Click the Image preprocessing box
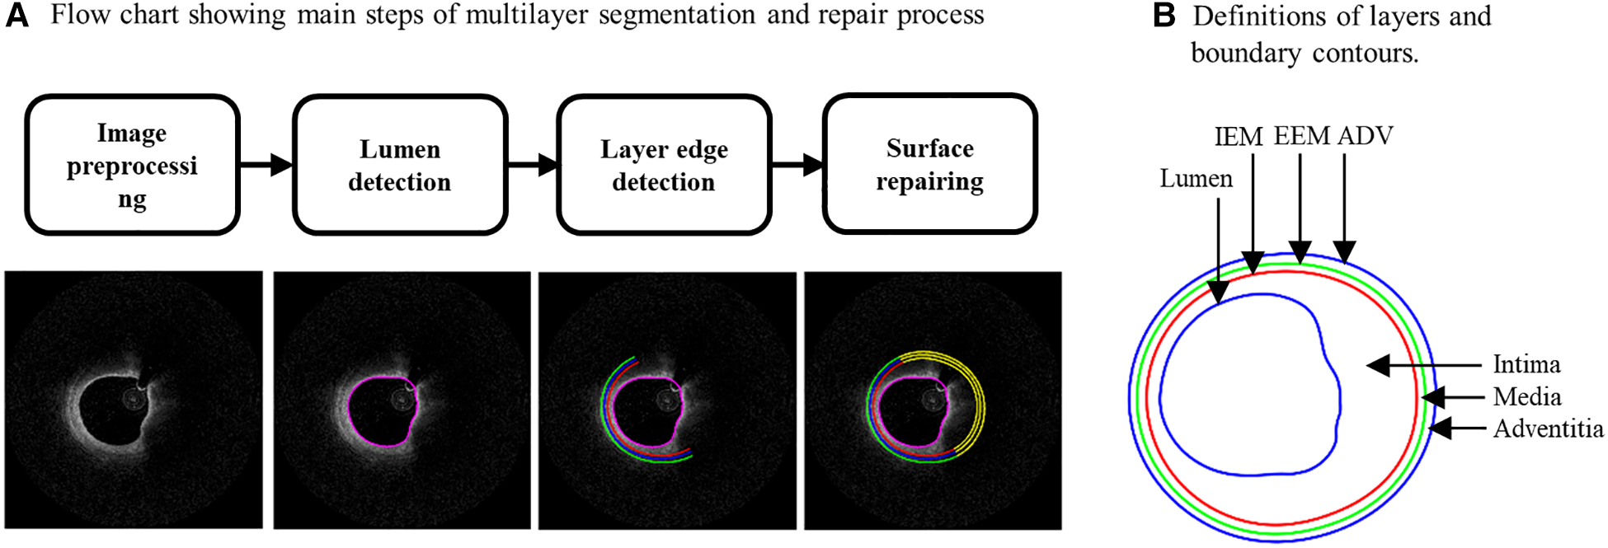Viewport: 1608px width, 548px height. (x=132, y=165)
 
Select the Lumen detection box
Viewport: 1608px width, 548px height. (x=399, y=165)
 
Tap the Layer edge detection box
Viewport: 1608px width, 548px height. (x=664, y=165)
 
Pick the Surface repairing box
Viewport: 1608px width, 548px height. (x=929, y=164)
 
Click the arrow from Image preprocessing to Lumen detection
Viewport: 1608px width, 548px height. (x=266, y=165)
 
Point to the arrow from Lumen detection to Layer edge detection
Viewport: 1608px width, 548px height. (x=533, y=165)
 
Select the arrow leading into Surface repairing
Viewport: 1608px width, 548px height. (x=798, y=165)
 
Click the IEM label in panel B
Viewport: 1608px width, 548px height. (x=1239, y=137)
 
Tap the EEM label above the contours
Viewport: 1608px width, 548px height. (x=1301, y=135)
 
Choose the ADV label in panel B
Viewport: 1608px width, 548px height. (x=1366, y=135)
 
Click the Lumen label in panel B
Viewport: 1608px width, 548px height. (x=1196, y=179)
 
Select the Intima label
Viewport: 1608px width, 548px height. (x=1526, y=364)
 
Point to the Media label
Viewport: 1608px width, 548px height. (x=1527, y=397)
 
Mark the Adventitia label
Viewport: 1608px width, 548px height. (x=1549, y=429)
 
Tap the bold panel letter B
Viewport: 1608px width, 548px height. (x=1164, y=16)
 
